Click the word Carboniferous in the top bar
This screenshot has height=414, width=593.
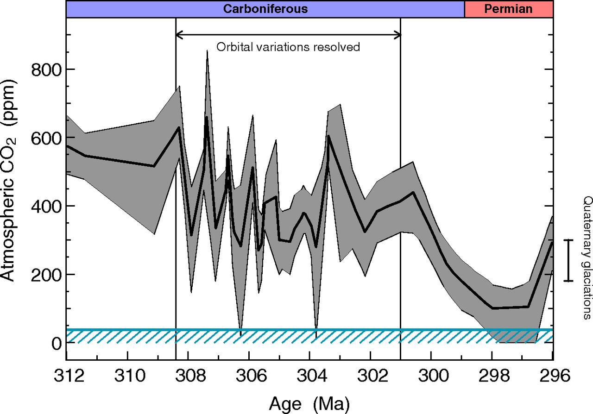(x=265, y=9)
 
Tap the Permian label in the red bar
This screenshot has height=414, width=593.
(x=508, y=9)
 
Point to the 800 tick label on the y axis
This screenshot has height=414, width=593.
(x=46, y=70)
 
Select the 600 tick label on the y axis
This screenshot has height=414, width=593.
(x=46, y=138)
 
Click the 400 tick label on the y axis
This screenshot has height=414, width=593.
(x=46, y=207)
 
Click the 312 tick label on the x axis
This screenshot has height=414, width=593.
(x=69, y=376)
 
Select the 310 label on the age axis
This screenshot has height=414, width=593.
(x=130, y=376)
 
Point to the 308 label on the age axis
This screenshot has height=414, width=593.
(x=190, y=376)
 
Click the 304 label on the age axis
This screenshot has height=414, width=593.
(x=312, y=376)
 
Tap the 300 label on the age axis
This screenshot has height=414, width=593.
(x=433, y=376)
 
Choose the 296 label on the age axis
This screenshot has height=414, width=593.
(x=555, y=376)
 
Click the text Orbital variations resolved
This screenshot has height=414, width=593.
(x=288, y=47)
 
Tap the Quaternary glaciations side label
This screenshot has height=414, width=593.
(x=587, y=258)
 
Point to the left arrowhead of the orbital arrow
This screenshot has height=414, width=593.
(x=179, y=34)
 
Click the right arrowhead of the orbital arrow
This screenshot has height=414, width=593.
(x=397, y=34)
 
